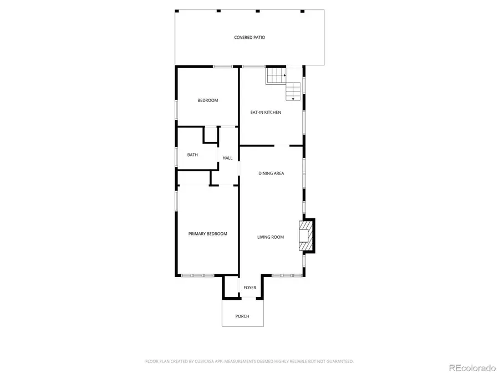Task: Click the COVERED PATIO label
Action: [x=249, y=38]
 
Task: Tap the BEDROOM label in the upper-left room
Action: [x=208, y=100]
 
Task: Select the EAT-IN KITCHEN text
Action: [x=266, y=112]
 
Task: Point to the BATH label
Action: [x=192, y=155]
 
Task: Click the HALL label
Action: [x=227, y=158]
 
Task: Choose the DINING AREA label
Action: [x=271, y=173]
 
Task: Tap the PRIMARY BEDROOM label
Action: [x=207, y=234]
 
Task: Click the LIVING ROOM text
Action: [x=270, y=237]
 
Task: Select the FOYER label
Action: [x=250, y=288]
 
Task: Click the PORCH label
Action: [x=242, y=316]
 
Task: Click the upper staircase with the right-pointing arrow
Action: [x=276, y=75]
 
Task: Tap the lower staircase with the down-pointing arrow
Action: [x=293, y=91]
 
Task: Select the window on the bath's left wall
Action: [x=176, y=156]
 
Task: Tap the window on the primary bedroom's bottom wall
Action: [x=197, y=275]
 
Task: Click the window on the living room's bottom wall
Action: [x=286, y=275]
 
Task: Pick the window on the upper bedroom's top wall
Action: [x=223, y=67]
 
